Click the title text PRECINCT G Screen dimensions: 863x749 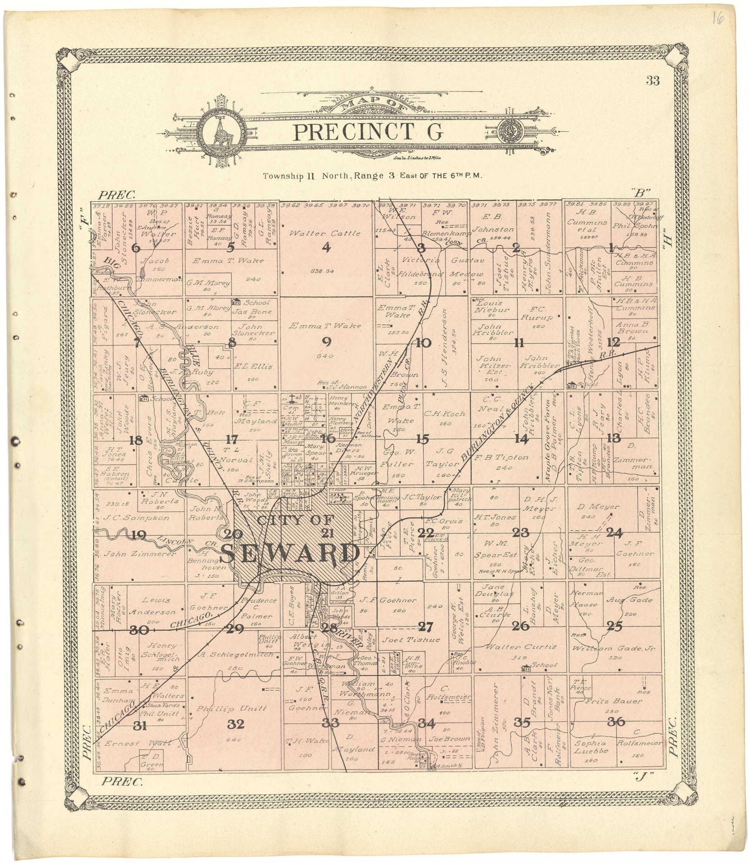point(368,132)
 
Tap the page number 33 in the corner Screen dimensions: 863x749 point(653,81)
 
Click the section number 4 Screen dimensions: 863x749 point(326,248)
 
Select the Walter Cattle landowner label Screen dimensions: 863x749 point(325,233)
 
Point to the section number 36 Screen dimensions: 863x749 point(616,722)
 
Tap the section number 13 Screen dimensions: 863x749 point(614,438)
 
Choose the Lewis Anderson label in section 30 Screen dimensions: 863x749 point(152,606)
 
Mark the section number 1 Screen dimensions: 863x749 point(611,248)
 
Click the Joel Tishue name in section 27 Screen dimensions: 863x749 point(411,640)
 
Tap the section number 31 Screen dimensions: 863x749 point(140,726)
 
